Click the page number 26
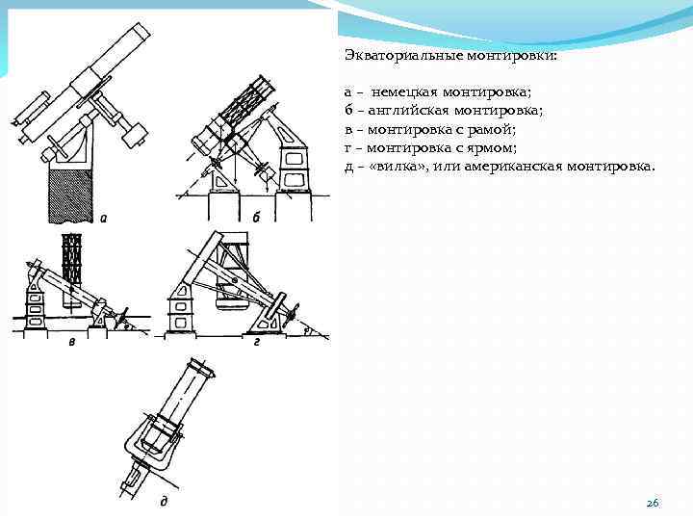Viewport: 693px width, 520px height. tap(653, 504)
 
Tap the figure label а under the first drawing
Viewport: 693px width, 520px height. tap(103, 218)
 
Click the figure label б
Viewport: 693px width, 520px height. tap(256, 218)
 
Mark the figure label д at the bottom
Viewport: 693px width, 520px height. tap(165, 502)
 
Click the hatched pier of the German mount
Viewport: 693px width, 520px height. tap(66, 193)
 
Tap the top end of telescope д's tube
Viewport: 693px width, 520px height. tap(203, 368)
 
